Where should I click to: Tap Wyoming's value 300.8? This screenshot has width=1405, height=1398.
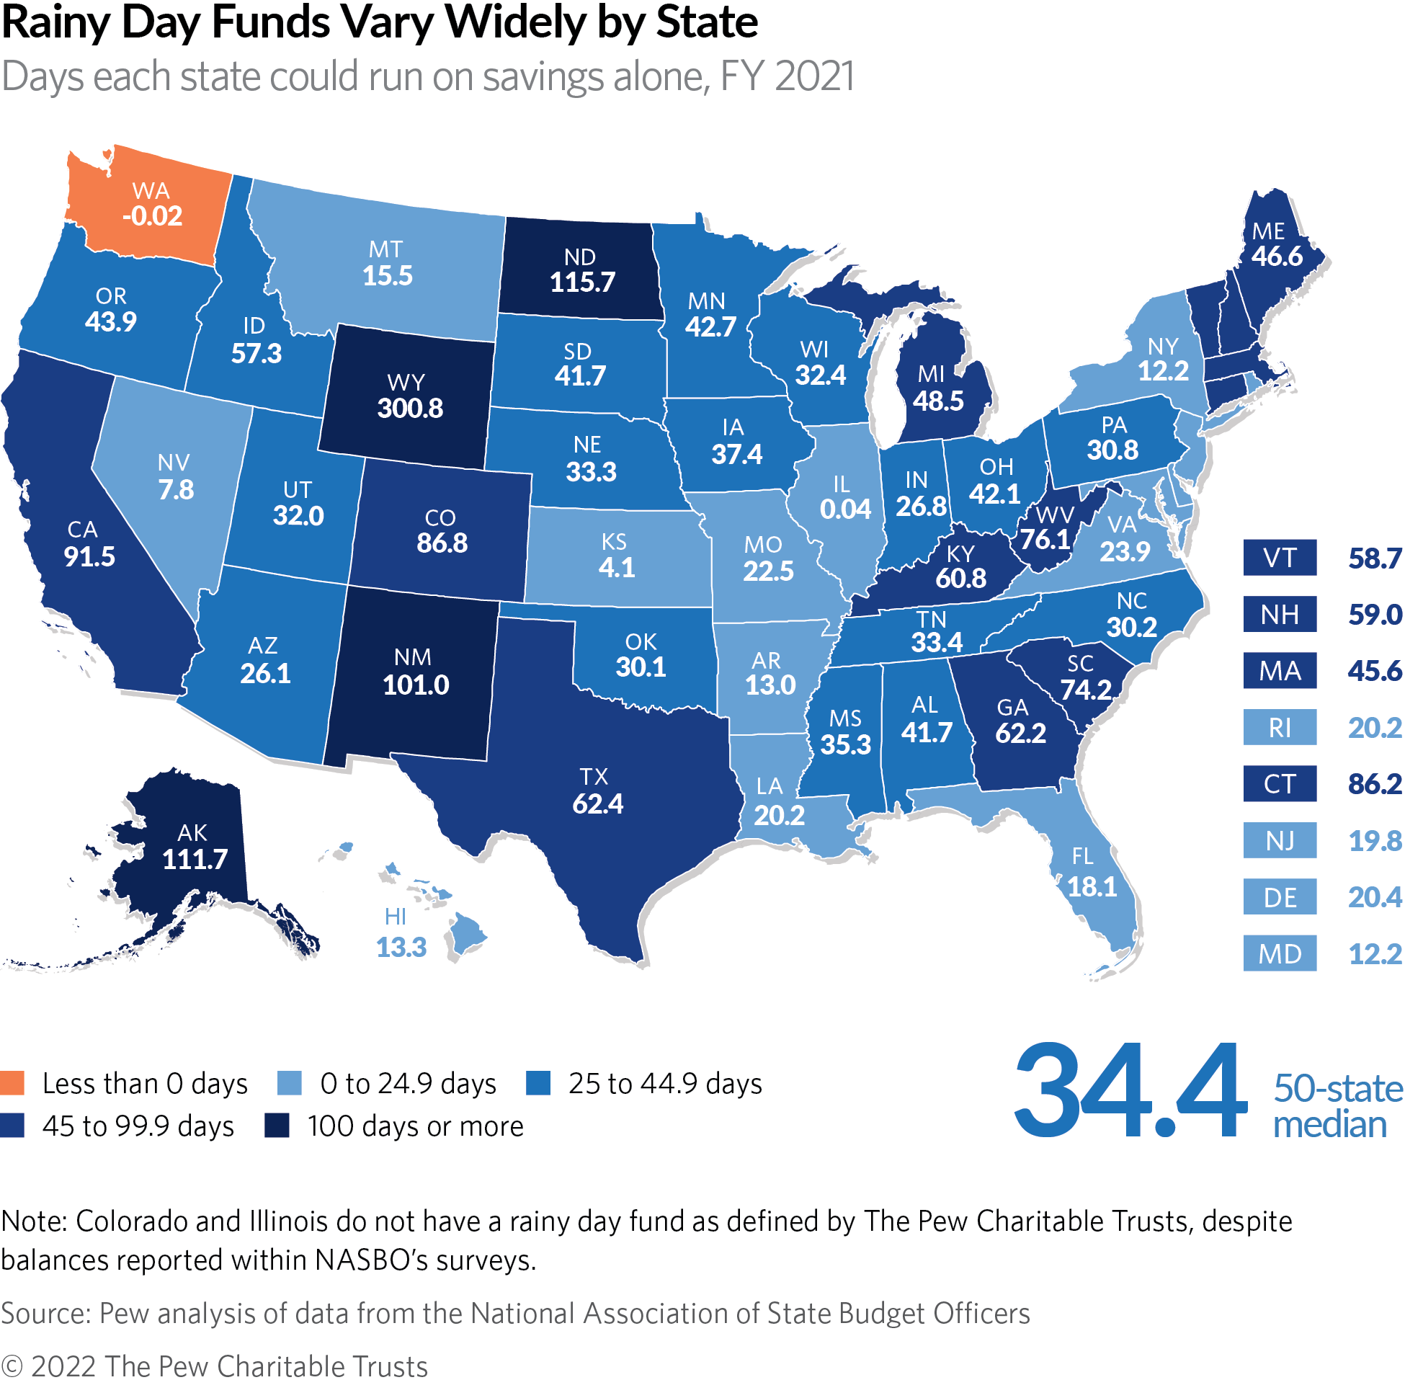tap(410, 408)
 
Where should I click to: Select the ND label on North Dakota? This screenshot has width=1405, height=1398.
tap(579, 257)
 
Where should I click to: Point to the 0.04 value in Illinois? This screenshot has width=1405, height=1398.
tap(845, 509)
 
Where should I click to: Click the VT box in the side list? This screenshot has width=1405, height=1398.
tap(1279, 558)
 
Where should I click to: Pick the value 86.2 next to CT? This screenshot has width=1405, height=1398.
tap(1375, 783)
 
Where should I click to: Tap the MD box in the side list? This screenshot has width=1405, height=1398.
tap(1279, 953)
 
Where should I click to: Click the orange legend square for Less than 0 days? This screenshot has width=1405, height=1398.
tap(12, 1083)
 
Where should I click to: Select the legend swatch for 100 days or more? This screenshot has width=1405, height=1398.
tap(277, 1125)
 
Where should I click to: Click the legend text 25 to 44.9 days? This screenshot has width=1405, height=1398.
tap(666, 1084)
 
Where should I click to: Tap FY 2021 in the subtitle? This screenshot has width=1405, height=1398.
tap(788, 76)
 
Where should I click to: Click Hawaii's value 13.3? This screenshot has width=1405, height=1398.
tap(401, 947)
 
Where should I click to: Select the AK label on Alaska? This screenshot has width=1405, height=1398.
tap(192, 833)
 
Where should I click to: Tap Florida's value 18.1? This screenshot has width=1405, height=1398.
tap(1092, 886)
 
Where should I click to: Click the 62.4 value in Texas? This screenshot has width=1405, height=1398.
tap(598, 803)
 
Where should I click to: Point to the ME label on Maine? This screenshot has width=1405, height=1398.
tap(1269, 231)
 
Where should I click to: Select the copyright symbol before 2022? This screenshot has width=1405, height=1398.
tap(12, 1368)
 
